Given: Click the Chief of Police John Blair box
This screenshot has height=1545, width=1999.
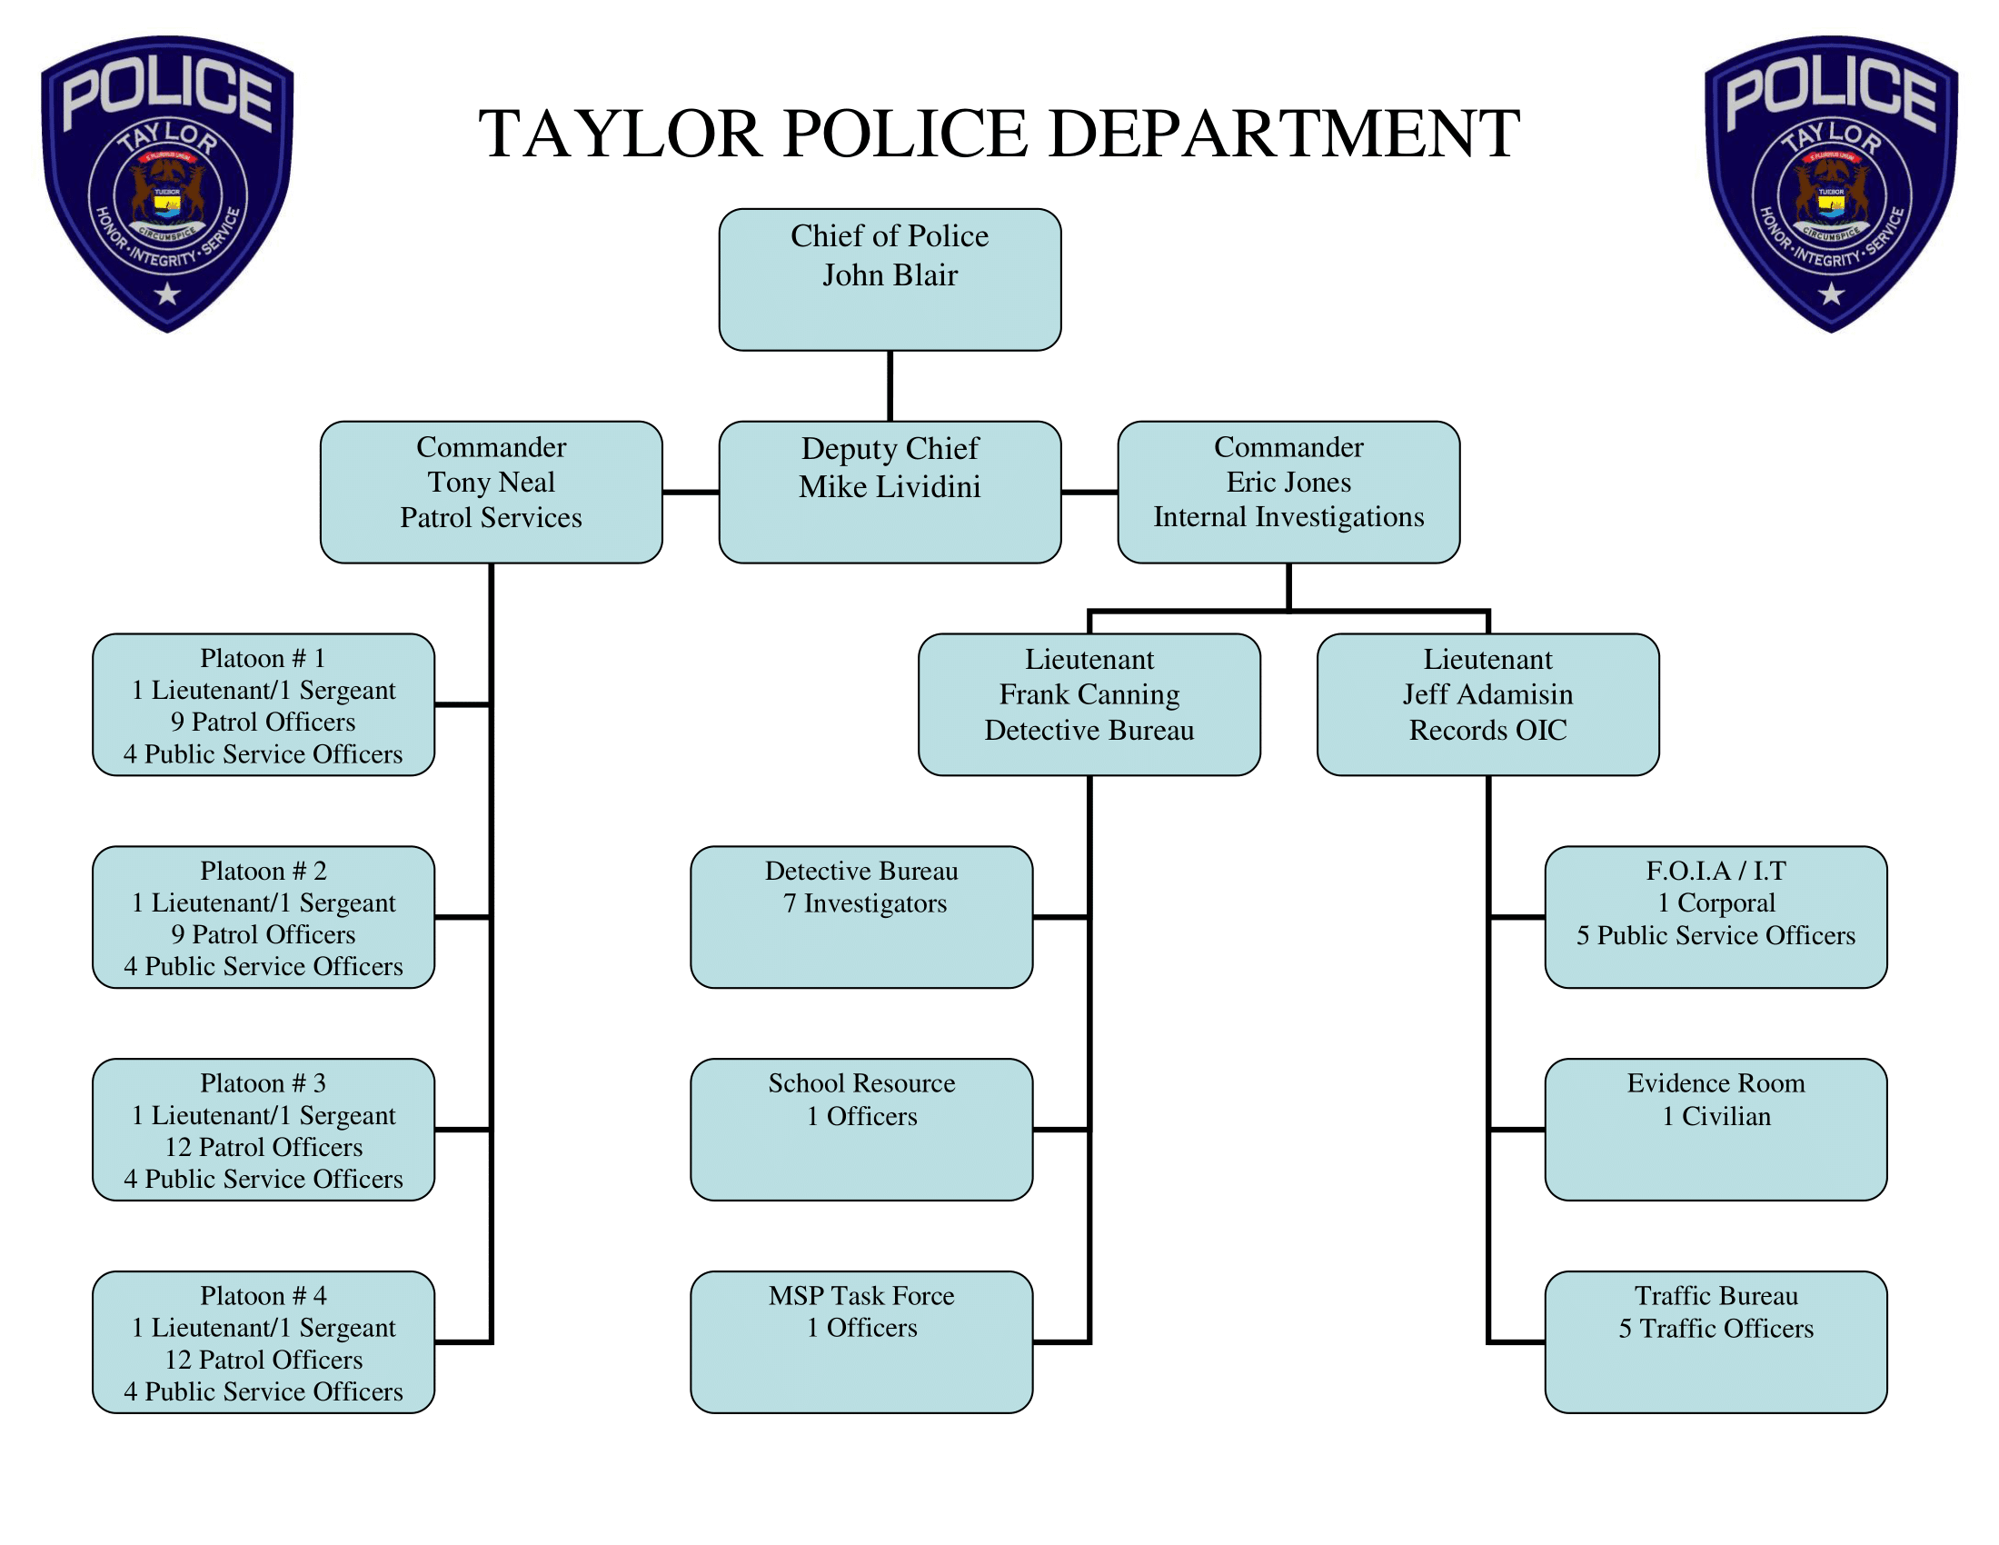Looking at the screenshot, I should (x=889, y=279).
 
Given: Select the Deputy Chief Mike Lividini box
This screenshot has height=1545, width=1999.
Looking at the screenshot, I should (x=889, y=492).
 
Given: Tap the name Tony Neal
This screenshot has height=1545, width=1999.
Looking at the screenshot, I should (x=491, y=482).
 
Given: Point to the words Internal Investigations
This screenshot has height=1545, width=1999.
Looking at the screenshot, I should (x=1288, y=517).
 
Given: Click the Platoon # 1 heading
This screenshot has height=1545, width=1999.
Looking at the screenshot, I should (x=263, y=658).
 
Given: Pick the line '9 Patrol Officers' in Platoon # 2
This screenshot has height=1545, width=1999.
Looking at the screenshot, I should (x=263, y=934).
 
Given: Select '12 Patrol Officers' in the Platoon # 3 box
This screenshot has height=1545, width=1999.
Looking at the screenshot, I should (x=263, y=1147).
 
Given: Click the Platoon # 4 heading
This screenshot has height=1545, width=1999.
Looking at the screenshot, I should (x=263, y=1295).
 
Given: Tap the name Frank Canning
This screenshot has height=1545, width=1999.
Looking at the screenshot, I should (x=1089, y=694).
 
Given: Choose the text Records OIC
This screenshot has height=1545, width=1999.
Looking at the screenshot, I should (x=1487, y=731).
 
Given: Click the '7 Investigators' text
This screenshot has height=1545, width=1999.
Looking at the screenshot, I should (x=864, y=903).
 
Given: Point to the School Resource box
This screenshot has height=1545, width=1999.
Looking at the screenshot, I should (x=861, y=1129).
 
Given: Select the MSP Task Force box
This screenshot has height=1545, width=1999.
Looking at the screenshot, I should (x=861, y=1341).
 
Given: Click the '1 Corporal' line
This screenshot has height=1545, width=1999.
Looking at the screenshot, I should (x=1716, y=902).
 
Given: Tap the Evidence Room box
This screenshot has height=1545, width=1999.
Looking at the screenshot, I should (x=1716, y=1129).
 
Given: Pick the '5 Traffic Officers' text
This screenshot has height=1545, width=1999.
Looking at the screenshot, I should (x=1716, y=1328).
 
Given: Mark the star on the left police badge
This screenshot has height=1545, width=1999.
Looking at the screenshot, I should (x=166, y=294).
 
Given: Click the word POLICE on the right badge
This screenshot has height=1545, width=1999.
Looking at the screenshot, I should (x=1831, y=92).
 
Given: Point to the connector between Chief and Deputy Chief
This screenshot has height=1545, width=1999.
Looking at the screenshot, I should (x=889, y=385).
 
